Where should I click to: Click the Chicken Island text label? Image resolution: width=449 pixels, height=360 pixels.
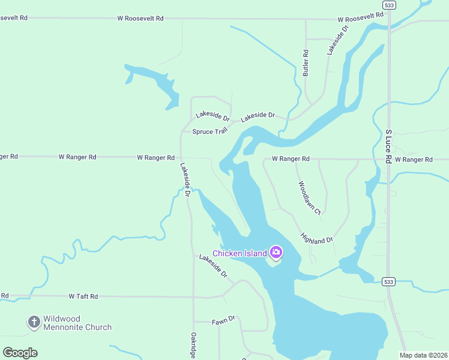[x=240, y=253]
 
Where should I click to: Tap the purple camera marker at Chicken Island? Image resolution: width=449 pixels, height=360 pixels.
[x=276, y=252]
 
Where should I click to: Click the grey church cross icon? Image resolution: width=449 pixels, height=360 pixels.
[x=34, y=322]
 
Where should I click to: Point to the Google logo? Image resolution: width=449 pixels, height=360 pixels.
[x=20, y=353]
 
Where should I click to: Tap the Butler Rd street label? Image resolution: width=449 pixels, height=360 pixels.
[x=306, y=62]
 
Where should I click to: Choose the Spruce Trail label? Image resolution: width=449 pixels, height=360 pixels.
[x=211, y=131]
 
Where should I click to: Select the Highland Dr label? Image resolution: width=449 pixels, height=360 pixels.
[x=317, y=238]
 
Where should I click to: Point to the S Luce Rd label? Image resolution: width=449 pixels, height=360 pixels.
[x=388, y=146]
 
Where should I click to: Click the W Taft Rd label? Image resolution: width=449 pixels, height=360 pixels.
[x=83, y=296]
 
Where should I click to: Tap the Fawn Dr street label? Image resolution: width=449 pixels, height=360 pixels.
[x=222, y=322]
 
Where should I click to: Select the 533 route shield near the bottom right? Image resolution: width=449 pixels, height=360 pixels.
[x=388, y=281]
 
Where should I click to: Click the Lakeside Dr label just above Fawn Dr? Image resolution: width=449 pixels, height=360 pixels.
[x=213, y=265]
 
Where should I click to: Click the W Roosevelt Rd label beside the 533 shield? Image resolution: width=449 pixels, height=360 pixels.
[x=360, y=17]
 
